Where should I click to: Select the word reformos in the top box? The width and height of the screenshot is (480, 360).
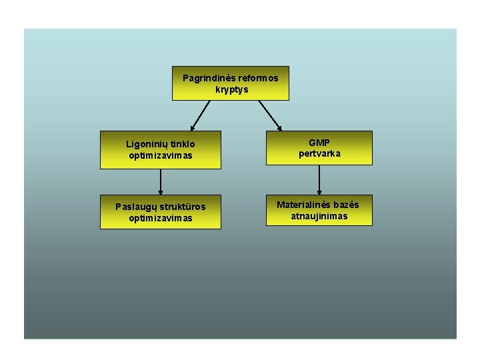point(258,78)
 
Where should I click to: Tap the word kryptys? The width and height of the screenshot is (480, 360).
point(231,89)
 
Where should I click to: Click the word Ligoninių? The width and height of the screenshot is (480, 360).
point(147,144)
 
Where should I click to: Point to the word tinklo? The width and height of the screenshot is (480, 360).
point(183,144)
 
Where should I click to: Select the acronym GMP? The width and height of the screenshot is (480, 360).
point(319,143)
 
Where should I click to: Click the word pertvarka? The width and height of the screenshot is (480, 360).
point(319,153)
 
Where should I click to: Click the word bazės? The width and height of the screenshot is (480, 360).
point(346,205)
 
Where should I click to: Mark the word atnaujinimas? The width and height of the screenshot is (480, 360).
point(319,216)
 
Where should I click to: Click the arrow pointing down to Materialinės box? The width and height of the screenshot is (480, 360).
point(319,180)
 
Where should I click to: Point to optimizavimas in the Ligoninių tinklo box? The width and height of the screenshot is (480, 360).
point(161,155)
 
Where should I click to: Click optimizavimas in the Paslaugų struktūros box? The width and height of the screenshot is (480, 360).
point(161,218)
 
